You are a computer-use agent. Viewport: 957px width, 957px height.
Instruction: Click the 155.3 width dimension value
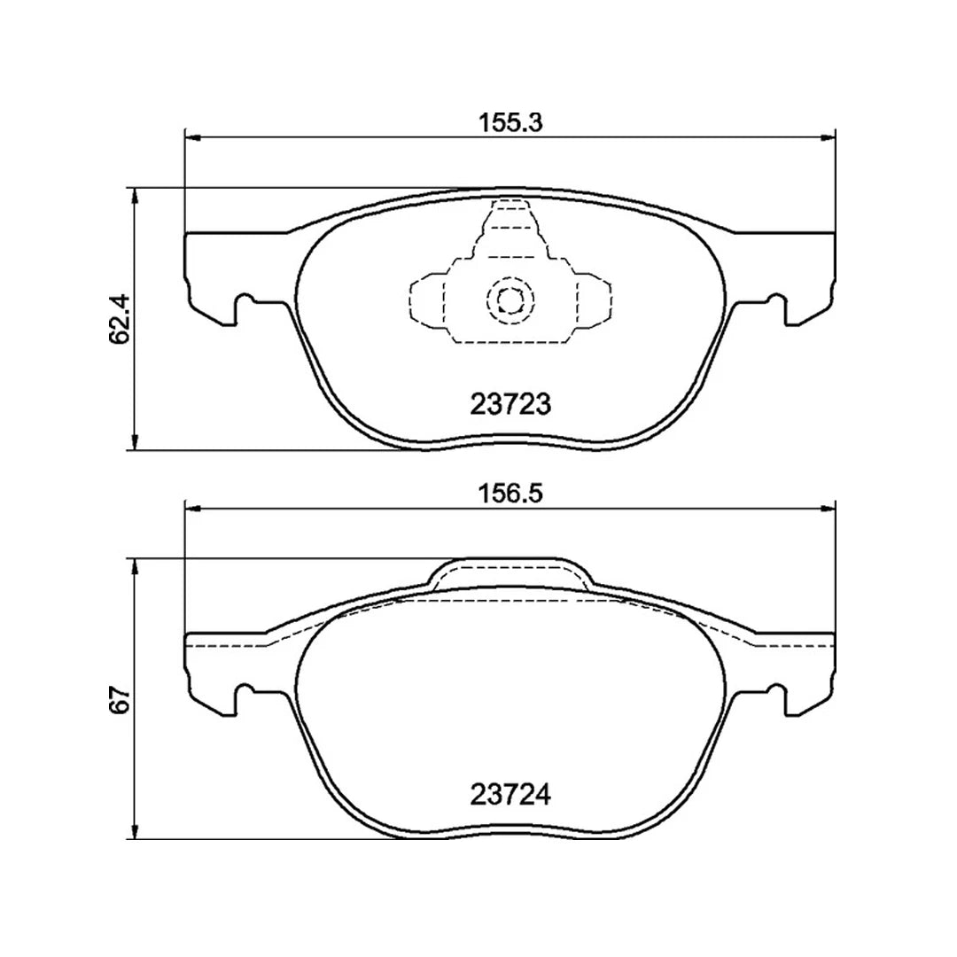510,123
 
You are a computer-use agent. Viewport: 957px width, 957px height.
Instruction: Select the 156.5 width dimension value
510,494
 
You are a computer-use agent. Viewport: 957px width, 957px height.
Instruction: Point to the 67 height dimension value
121,699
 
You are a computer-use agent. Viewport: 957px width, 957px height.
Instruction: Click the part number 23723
510,404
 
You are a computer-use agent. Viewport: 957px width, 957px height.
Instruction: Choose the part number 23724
510,795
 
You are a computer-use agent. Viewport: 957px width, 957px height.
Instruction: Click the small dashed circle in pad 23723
510,301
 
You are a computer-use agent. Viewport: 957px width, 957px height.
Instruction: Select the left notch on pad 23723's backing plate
244,307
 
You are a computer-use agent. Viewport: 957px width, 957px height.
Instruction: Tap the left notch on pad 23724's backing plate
244,696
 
